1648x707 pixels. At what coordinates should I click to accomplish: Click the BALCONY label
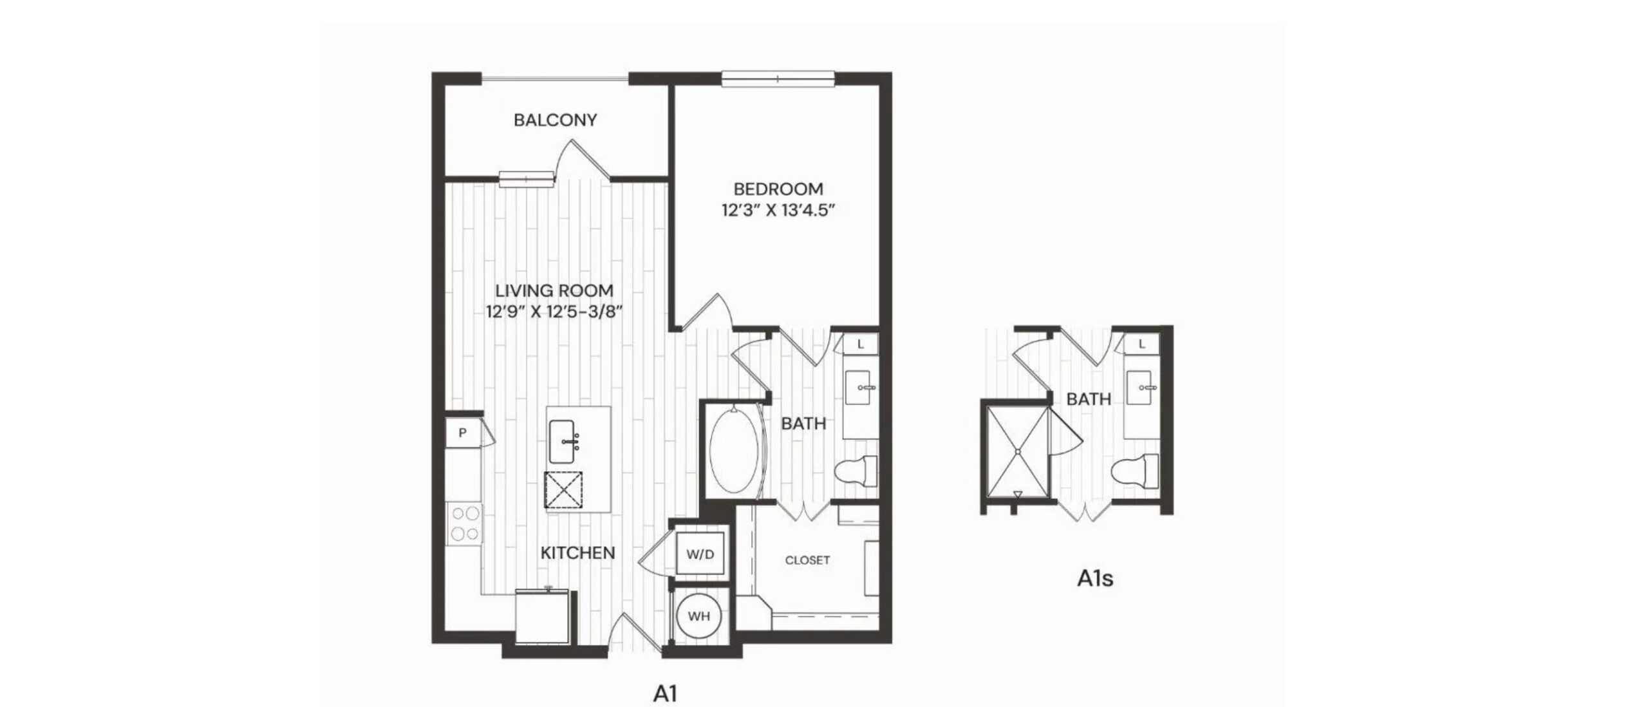pos(555,120)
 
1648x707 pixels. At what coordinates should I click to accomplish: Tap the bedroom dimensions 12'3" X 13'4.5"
pos(778,211)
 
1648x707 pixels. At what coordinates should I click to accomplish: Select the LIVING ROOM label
pos(554,290)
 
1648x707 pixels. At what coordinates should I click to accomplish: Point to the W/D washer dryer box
pos(700,554)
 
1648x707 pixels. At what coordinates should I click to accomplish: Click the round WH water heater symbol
pos(699,616)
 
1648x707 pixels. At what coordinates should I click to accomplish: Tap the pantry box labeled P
pos(462,433)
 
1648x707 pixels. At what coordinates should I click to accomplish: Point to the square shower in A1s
pos(1017,452)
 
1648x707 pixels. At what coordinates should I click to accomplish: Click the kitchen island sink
pos(562,441)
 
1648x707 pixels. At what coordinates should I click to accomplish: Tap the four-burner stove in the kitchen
pos(465,523)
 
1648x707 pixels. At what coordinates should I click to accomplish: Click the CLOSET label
pos(807,560)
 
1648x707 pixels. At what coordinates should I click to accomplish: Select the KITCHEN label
pos(577,552)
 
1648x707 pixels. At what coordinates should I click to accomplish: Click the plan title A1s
pos(1095,578)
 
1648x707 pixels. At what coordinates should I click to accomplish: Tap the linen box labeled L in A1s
pos(1141,344)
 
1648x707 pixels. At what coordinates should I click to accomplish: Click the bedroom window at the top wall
pos(778,79)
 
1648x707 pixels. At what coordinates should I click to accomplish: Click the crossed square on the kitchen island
pos(563,491)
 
